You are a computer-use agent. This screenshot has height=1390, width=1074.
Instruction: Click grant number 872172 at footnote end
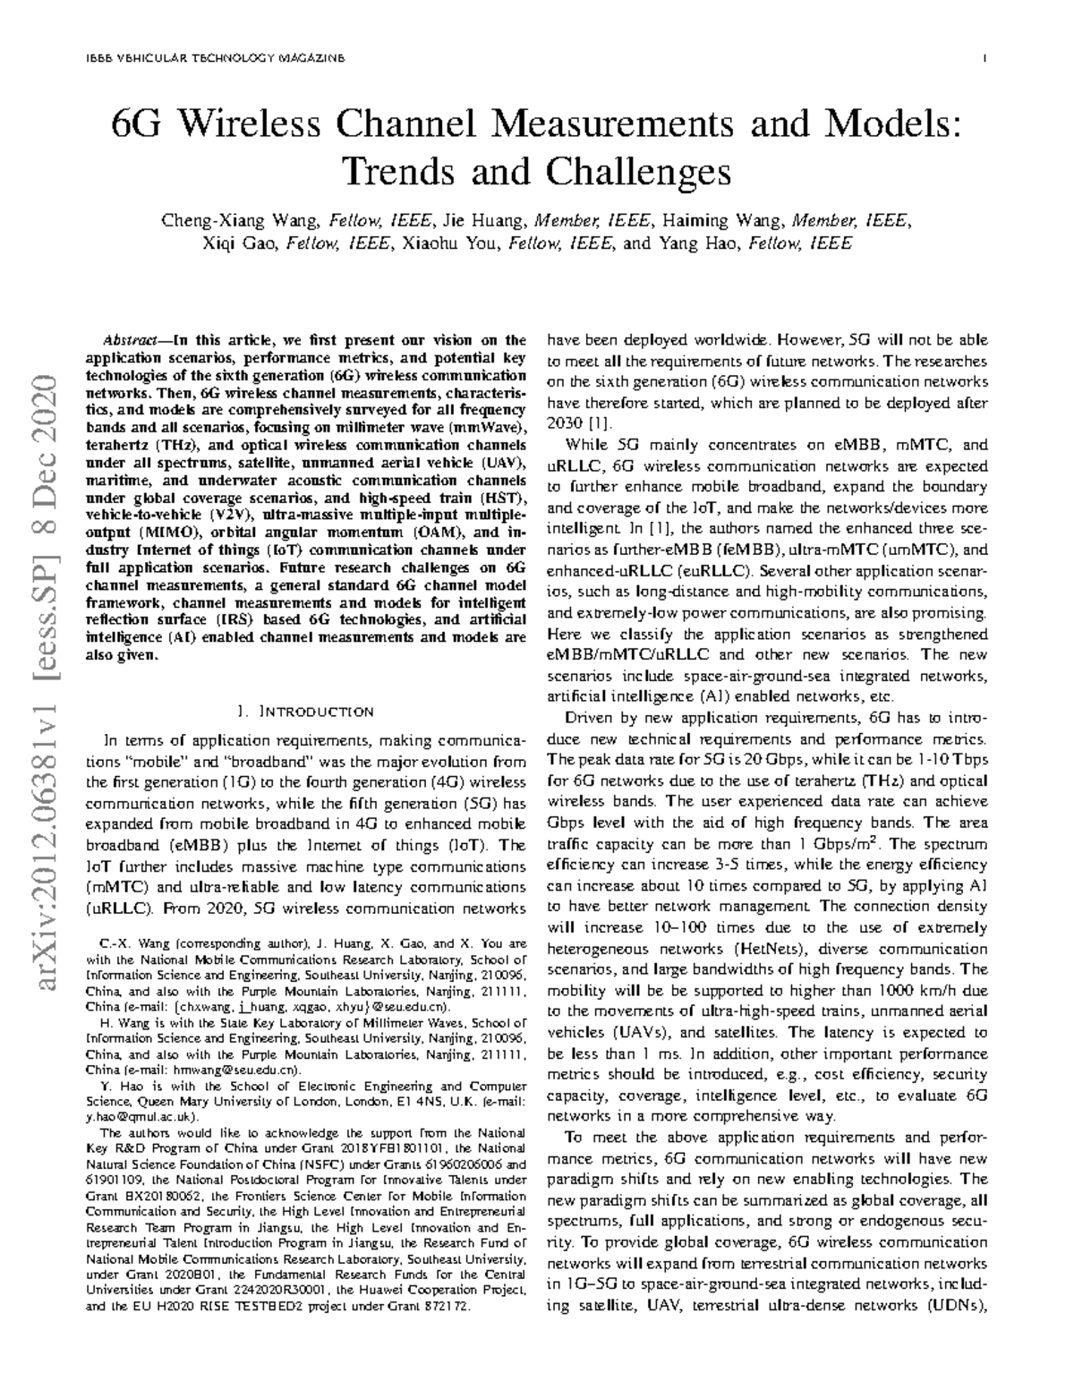(x=448, y=1307)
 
